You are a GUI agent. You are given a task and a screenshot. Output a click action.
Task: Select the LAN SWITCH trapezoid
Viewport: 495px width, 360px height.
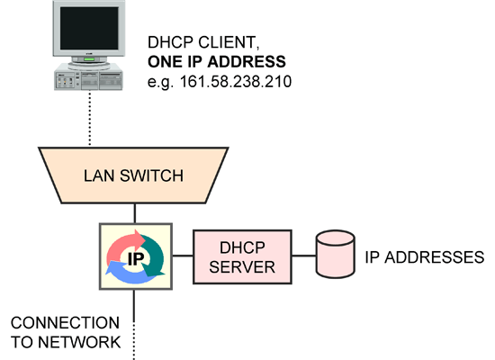click(x=135, y=175)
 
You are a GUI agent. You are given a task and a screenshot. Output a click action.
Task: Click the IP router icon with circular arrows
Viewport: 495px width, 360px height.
click(x=135, y=257)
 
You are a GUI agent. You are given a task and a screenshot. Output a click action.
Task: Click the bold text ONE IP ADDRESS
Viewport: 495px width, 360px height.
click(x=215, y=62)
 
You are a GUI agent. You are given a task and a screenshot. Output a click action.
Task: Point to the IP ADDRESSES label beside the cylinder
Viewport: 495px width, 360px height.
click(x=424, y=257)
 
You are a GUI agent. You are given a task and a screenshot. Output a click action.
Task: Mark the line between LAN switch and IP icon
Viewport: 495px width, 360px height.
click(x=135, y=213)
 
